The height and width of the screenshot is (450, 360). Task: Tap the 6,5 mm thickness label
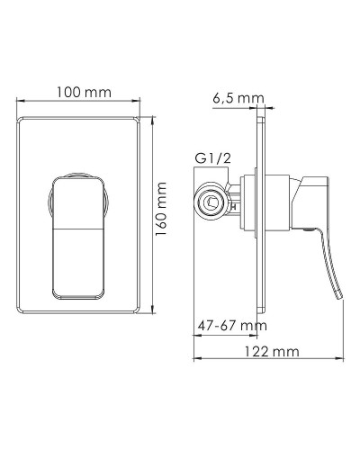[x=237, y=98]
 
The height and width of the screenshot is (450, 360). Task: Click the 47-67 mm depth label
[x=231, y=323]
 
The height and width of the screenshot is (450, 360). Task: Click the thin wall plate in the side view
[x=261, y=216]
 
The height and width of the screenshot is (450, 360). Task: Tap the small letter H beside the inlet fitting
[x=233, y=207]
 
